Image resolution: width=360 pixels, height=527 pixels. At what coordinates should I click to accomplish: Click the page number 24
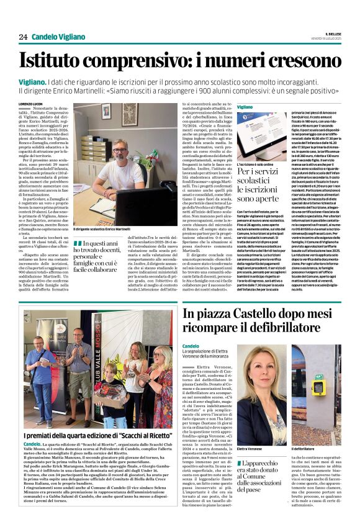point(23,37)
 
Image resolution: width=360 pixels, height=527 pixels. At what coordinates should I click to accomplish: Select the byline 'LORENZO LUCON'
point(32,103)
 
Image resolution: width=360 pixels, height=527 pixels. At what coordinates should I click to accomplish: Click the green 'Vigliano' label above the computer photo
point(246,107)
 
